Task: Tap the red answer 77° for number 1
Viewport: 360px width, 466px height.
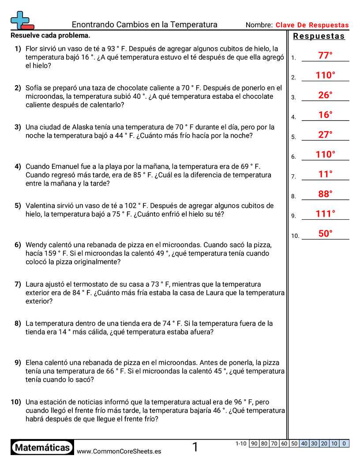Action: [x=325, y=56]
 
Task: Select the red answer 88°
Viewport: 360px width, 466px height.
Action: [x=325, y=194]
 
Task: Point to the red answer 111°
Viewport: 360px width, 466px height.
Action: [x=326, y=214]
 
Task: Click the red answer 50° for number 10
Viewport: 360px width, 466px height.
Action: [x=325, y=234]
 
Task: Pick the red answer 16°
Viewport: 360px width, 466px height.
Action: [x=325, y=115]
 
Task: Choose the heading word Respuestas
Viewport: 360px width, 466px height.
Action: [x=319, y=37]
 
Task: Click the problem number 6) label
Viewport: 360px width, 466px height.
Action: [x=18, y=245]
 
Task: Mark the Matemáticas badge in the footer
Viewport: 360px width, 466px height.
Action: [x=42, y=447]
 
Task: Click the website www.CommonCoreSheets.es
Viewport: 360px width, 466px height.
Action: [x=119, y=451]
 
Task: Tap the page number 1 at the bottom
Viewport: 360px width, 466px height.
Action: [x=195, y=447]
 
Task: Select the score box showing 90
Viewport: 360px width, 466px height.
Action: [x=254, y=443]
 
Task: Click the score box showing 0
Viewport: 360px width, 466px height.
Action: [x=344, y=443]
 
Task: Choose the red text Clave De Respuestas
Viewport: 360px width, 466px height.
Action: [x=312, y=25]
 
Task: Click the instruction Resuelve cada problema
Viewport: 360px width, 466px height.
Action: [x=50, y=35]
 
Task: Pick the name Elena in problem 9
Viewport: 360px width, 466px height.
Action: [x=35, y=363]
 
